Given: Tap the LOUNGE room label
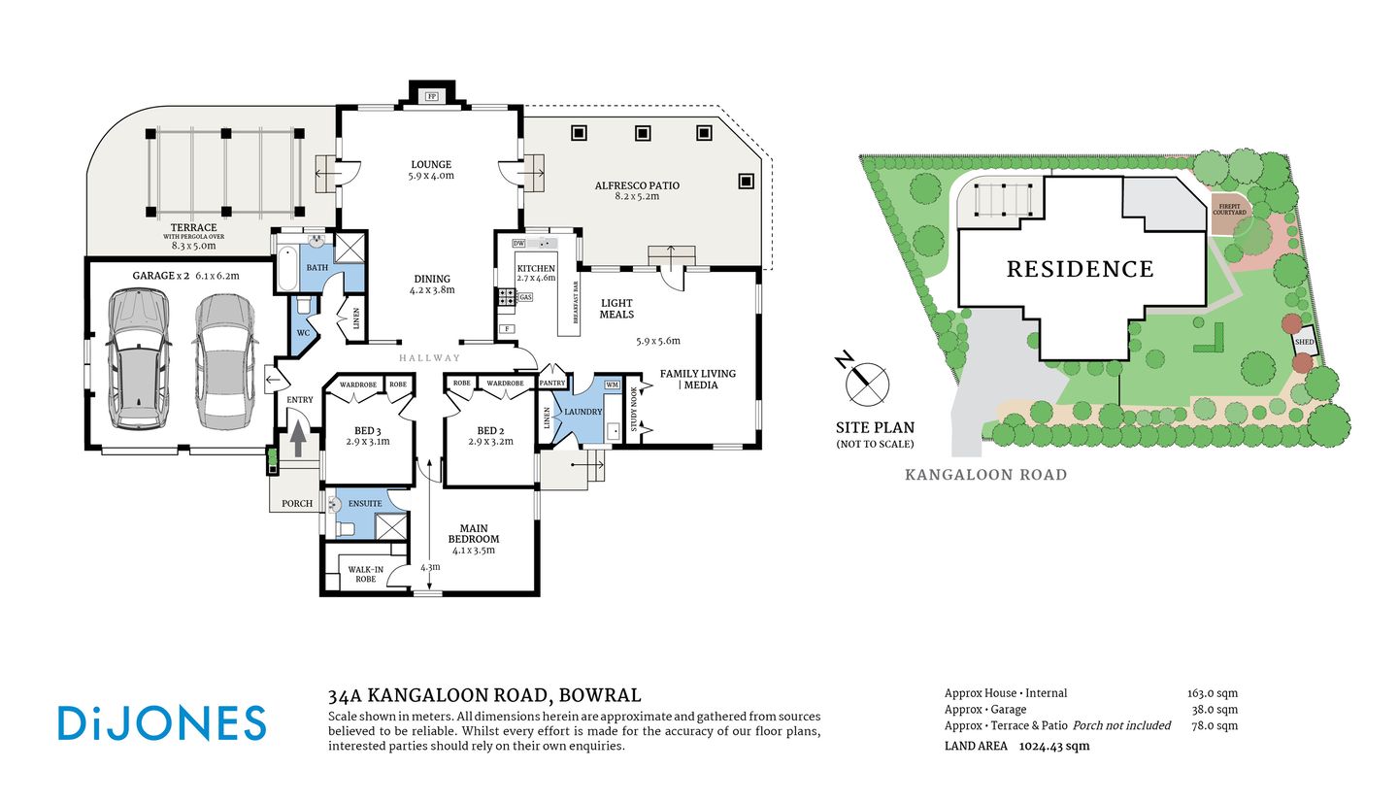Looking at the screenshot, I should pyautogui.click(x=431, y=165).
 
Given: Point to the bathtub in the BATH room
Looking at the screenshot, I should pyautogui.click(x=288, y=268).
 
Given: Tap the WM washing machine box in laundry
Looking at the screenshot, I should pyautogui.click(x=612, y=385).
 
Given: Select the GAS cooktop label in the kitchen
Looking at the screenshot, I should pyautogui.click(x=525, y=297).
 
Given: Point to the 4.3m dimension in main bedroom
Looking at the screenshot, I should pyautogui.click(x=429, y=567).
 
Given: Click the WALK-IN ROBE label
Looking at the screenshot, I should pyautogui.click(x=365, y=574).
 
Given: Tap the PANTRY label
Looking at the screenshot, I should pyautogui.click(x=552, y=384).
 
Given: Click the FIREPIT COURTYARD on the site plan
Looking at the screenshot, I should pyautogui.click(x=1227, y=209).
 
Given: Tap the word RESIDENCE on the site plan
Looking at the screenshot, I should pyautogui.click(x=1080, y=269).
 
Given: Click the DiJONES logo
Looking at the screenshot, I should pyautogui.click(x=161, y=724).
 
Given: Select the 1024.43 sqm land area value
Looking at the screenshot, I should pyautogui.click(x=1053, y=746).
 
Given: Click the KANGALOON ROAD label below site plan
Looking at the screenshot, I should pyautogui.click(x=985, y=475).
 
